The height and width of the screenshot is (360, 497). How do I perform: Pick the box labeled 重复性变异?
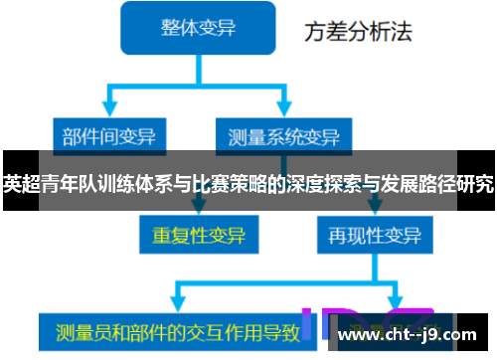click(x=198, y=236)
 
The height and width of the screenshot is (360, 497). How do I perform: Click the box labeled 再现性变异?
click(x=369, y=236)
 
